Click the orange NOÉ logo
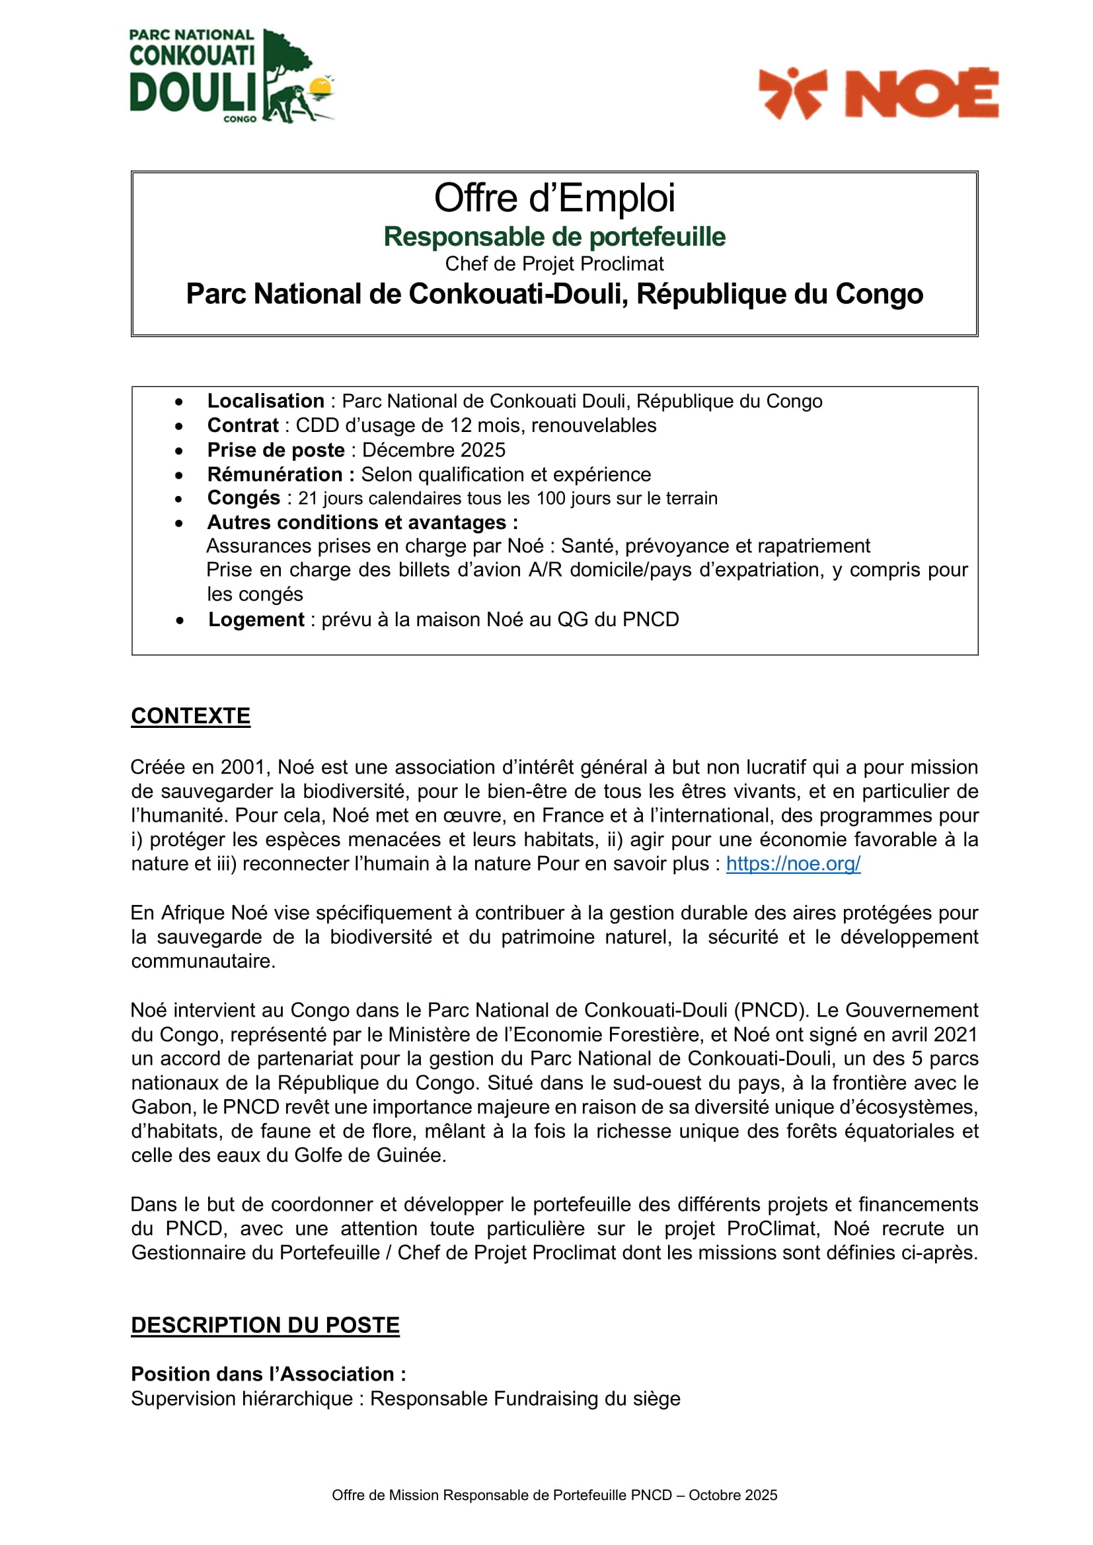coord(878,94)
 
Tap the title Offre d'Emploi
coord(554,198)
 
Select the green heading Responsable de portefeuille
coord(554,237)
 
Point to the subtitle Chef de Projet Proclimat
coord(554,264)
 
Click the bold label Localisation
coord(265,401)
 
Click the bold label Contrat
coord(243,425)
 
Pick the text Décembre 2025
coord(433,450)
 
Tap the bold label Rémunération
coord(275,474)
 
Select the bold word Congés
coord(244,498)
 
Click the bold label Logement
coord(256,619)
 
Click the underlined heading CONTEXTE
coord(190,716)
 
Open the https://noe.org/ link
coord(793,864)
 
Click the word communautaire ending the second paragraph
coord(203,961)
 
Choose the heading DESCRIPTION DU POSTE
coord(265,1325)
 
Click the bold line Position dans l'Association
coord(268,1374)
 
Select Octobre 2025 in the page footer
coord(733,1495)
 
